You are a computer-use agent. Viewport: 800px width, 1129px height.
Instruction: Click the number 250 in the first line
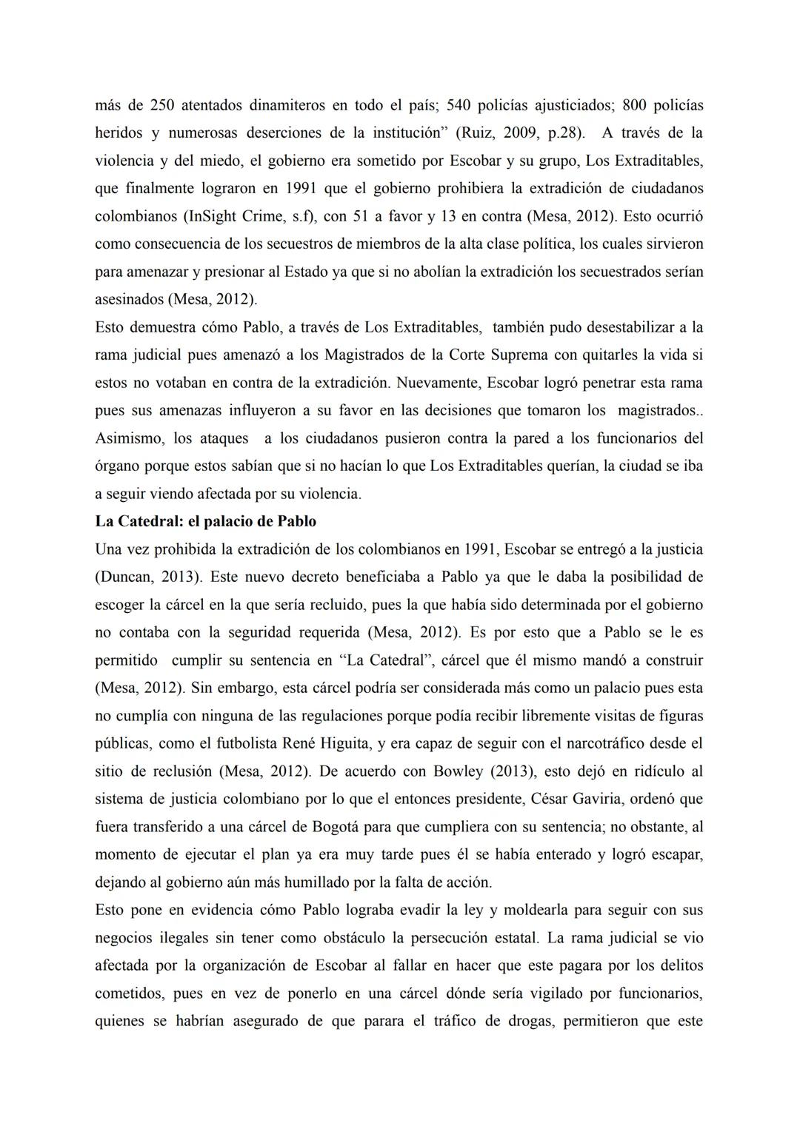pos(161,105)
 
